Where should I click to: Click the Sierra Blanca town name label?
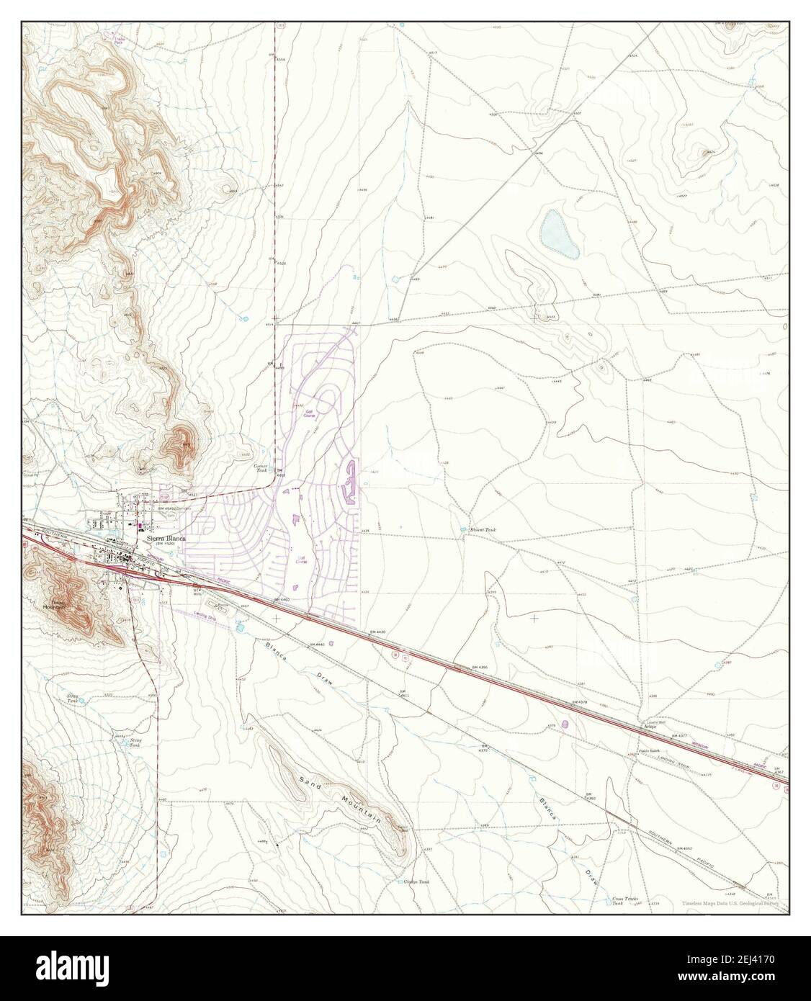[x=166, y=537]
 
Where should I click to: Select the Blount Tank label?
[x=483, y=529]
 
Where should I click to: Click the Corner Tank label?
[x=261, y=469]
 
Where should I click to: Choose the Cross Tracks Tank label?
[x=624, y=901]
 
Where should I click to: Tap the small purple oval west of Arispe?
[x=565, y=722]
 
